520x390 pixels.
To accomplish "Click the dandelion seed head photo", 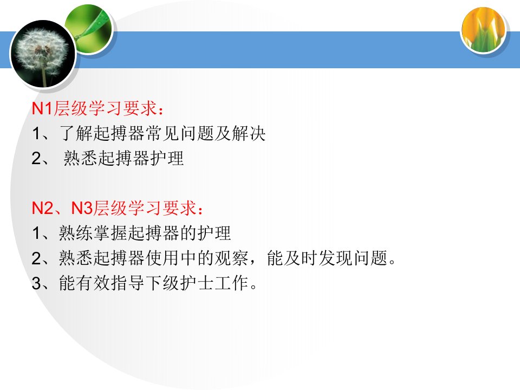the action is (43, 54).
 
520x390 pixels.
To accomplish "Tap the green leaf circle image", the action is (89, 29).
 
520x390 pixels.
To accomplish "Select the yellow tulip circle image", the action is (484, 29).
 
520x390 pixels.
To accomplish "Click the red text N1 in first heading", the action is (42, 108).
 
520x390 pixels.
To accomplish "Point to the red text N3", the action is (82, 208).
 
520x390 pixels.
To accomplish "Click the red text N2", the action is (42, 208).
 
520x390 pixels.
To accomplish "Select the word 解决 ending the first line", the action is (249, 133).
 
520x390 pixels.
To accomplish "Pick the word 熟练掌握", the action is (93, 233).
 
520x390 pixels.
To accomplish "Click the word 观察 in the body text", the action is (231, 258).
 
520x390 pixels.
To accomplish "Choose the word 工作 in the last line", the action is (231, 283).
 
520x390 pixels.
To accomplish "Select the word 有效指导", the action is (110, 283).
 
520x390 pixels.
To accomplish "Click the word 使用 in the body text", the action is (162, 258).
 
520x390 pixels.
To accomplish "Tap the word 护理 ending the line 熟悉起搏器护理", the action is (167, 158).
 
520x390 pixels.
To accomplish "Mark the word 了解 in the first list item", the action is (76, 133).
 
